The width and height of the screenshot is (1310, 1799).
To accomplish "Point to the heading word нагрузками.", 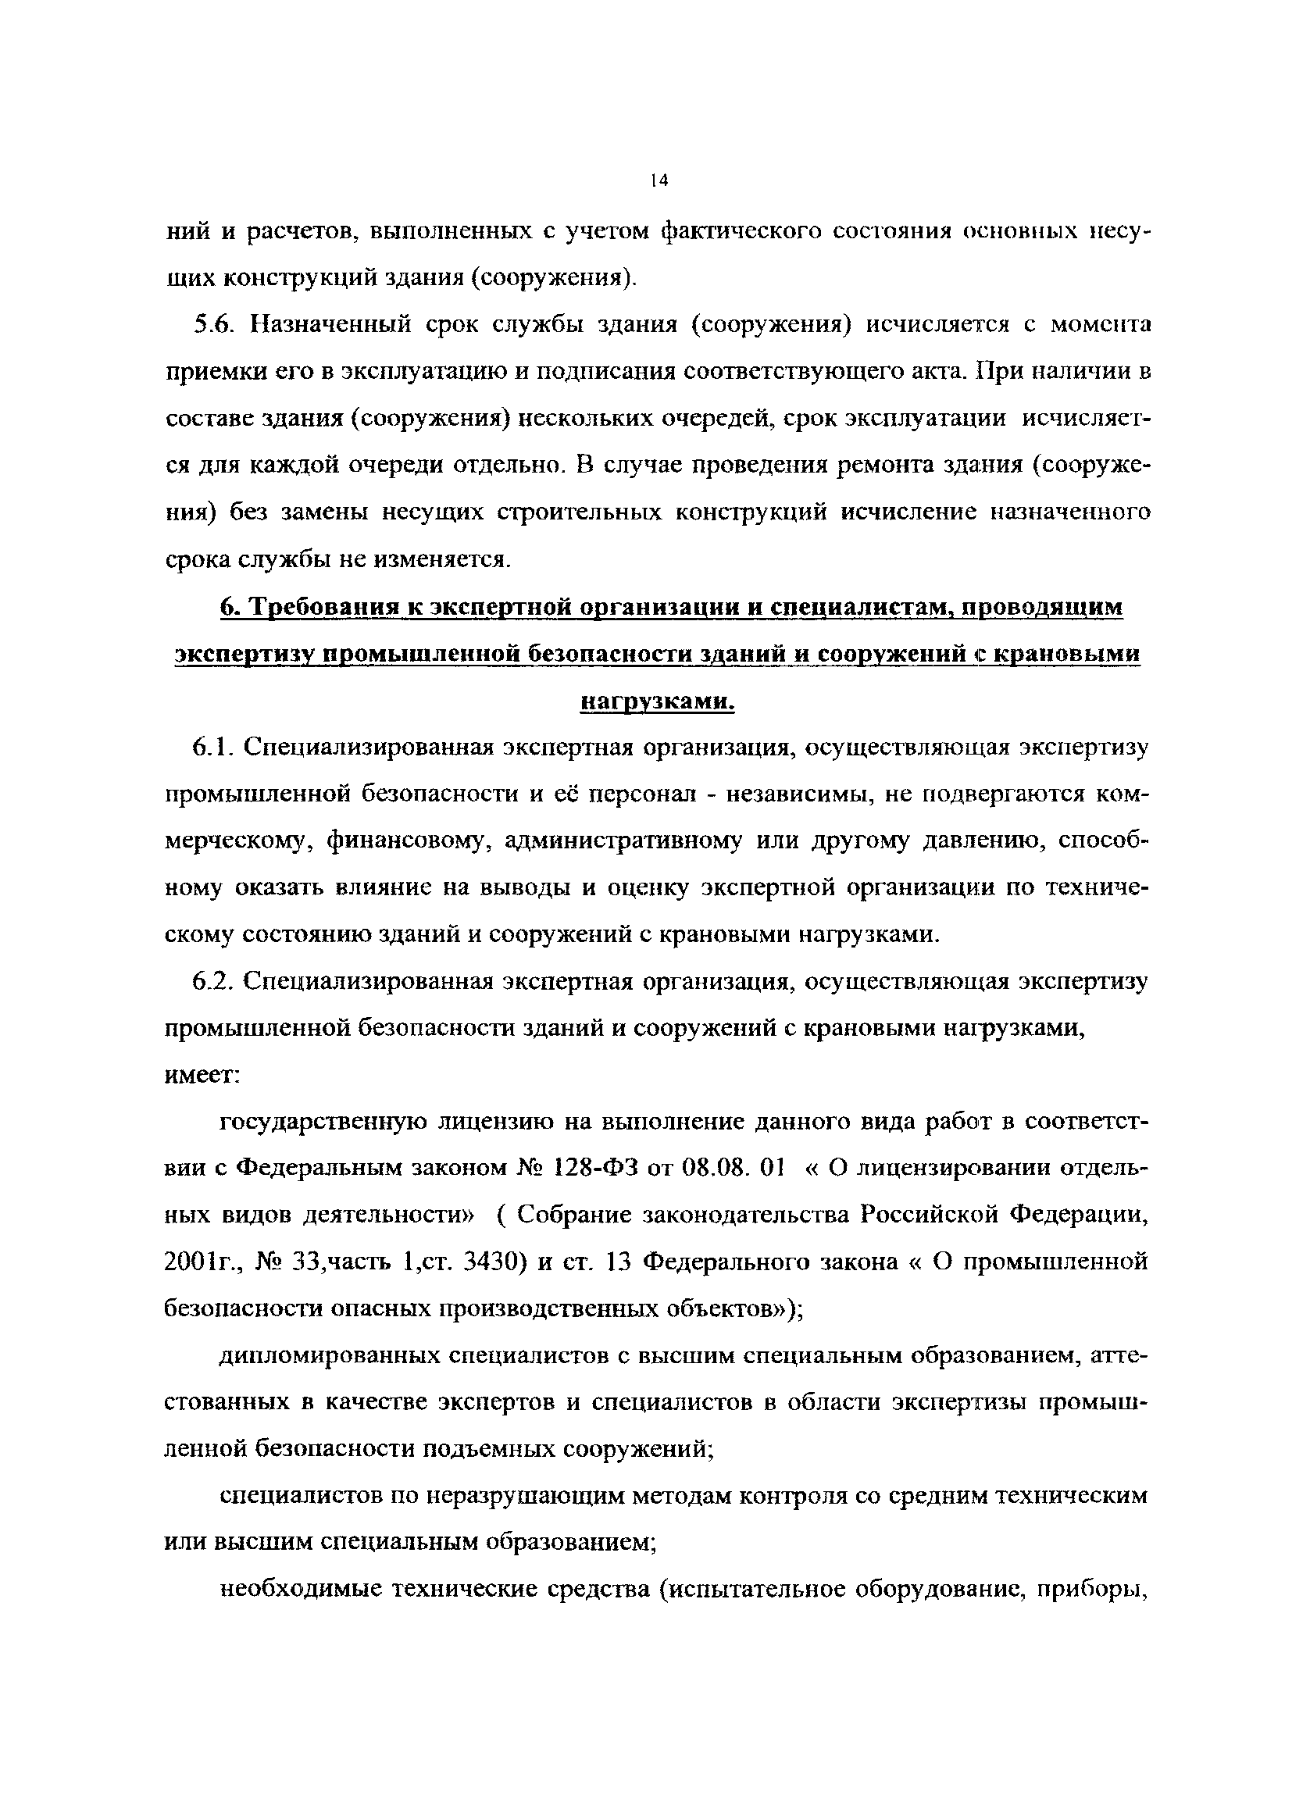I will (658, 701).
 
